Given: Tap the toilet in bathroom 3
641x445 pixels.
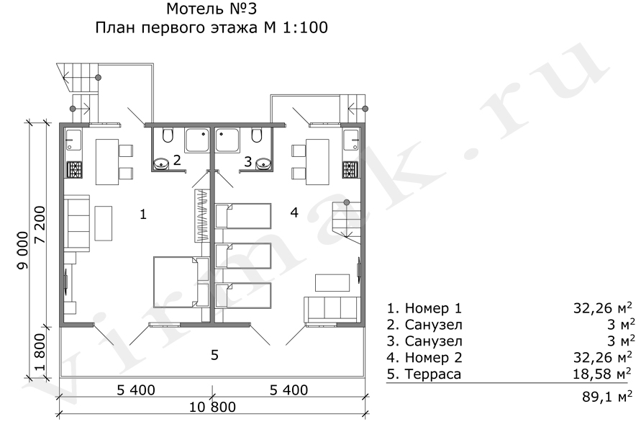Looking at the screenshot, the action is [257, 135].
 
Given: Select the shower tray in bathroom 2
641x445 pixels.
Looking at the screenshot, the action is [197, 140].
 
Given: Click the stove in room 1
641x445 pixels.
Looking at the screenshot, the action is [75, 170].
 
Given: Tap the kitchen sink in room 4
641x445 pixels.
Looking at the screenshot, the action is [352, 140].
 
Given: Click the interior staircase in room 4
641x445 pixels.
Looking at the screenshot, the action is [347, 220].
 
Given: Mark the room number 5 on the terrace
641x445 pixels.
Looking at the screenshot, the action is [214, 355].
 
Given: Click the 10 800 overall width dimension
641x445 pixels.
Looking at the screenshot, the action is [212, 407].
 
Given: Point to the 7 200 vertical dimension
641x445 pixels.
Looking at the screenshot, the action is [40, 225].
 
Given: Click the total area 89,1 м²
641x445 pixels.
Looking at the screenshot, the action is [607, 396].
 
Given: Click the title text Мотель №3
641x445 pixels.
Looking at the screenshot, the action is [212, 8].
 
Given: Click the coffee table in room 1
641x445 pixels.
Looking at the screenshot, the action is [104, 223].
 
